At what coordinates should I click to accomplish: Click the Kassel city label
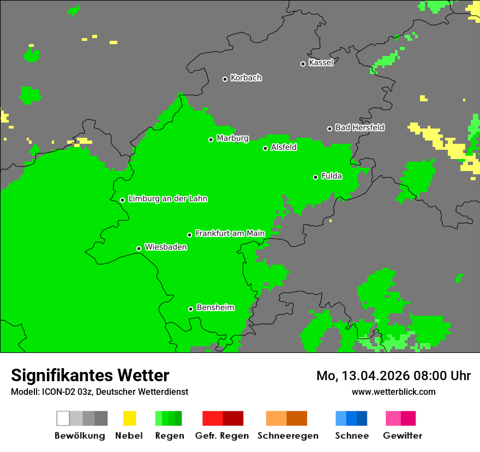pos(321,63)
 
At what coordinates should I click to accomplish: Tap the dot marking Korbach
pos(225,79)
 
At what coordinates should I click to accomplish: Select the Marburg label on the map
pos(232,138)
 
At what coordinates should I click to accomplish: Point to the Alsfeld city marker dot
pos(266,148)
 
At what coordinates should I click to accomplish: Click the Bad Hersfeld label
pos(359,127)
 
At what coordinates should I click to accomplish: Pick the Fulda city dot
pos(315,177)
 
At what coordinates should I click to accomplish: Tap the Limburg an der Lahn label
pos(167,199)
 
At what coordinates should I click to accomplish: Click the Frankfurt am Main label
pos(230,234)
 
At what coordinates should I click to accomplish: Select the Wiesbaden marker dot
pos(139,248)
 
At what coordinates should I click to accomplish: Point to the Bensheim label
pos(215,308)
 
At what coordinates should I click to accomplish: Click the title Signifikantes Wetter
pos(90,376)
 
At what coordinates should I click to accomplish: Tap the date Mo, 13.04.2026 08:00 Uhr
pos(393,376)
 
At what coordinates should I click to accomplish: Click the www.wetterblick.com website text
pos(393,392)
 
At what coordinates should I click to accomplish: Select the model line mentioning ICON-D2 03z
pos(99,392)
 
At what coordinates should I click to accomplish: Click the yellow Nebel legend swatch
pos(130,418)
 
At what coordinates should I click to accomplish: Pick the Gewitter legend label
pos(403,436)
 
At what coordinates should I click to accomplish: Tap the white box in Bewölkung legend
pos(63,418)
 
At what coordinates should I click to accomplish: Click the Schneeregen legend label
pos(287,436)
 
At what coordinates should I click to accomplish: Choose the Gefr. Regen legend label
pos(222,436)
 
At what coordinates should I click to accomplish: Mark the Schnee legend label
pos(351,436)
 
